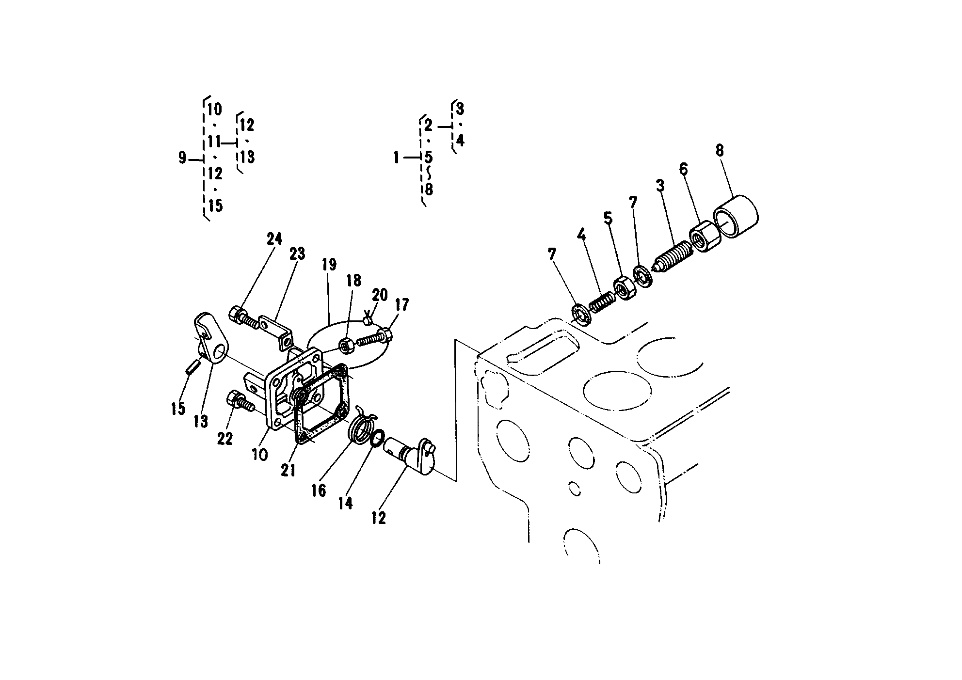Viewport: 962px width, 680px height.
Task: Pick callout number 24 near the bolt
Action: tap(274, 239)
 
